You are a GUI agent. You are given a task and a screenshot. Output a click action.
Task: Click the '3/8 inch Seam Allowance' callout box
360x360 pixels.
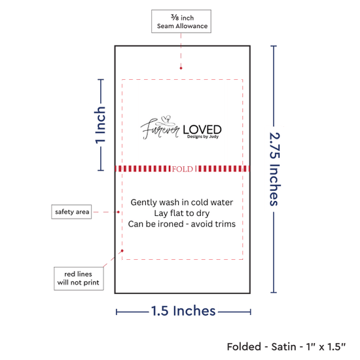click(181, 22)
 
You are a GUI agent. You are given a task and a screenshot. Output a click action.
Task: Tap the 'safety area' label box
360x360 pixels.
click(71, 211)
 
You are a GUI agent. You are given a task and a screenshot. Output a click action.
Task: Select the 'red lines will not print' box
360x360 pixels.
click(79, 278)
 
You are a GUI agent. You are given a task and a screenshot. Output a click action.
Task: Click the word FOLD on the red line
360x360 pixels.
click(183, 170)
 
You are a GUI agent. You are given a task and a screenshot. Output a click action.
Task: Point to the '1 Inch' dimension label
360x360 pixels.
click(100, 125)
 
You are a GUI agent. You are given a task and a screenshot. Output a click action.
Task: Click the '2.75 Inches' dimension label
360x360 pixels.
click(274, 169)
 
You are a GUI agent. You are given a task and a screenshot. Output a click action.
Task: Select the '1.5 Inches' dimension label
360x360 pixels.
click(183, 311)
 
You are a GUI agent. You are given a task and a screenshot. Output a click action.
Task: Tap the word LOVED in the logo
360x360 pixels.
click(202, 130)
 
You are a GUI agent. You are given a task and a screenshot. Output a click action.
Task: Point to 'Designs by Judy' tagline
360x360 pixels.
click(203, 137)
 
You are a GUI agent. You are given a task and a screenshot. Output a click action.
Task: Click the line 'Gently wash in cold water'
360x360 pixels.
click(182, 202)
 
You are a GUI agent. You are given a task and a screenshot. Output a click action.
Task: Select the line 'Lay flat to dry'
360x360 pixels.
click(182, 213)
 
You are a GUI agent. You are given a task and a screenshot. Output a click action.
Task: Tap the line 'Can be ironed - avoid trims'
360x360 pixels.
click(182, 224)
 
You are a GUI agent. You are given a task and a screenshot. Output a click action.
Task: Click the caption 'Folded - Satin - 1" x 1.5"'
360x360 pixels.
click(286, 347)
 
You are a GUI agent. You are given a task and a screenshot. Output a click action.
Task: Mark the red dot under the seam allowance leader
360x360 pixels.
click(181, 68)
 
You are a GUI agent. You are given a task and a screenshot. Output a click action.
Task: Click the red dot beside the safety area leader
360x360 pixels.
click(118, 212)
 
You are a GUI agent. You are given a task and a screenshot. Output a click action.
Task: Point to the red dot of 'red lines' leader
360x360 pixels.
click(122, 251)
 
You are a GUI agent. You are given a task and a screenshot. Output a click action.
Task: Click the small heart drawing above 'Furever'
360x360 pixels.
click(166, 119)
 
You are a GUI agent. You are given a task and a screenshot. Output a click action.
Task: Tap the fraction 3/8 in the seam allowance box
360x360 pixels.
click(175, 17)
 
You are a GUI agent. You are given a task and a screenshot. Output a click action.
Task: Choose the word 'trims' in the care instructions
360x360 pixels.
click(226, 224)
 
